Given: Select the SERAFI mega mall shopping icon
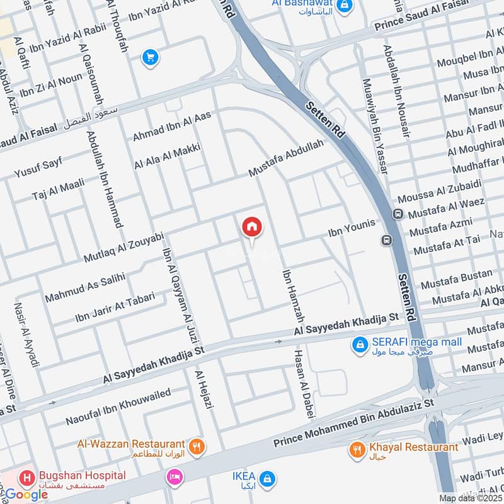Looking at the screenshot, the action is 360,346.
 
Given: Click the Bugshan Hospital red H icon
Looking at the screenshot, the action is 27,478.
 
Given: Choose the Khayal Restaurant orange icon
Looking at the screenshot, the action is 358,450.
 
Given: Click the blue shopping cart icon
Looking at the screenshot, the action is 150,58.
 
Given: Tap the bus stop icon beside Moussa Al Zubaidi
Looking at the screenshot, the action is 398,214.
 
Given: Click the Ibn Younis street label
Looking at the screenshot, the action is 351,228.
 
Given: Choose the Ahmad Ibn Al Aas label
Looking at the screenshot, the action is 172,126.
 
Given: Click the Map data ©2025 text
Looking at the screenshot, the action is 470,498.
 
